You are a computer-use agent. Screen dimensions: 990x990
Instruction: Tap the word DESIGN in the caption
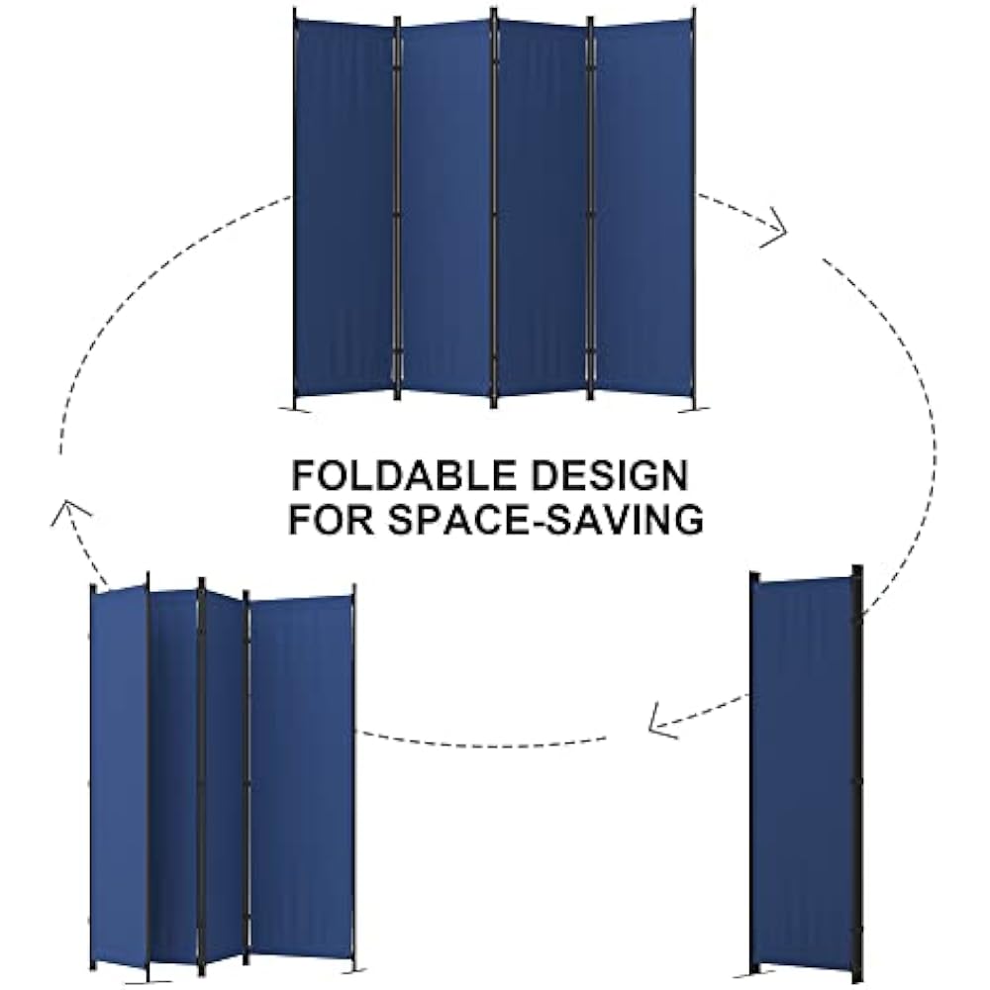click(x=611, y=476)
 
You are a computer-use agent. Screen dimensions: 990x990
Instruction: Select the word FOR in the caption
click(x=329, y=520)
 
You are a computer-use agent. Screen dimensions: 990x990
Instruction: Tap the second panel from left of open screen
click(x=445, y=208)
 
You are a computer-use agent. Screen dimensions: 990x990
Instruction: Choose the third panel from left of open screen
click(x=543, y=208)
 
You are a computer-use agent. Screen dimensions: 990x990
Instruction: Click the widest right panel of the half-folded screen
click(x=301, y=772)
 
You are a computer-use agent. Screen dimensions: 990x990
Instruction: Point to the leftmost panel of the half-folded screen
click(x=119, y=772)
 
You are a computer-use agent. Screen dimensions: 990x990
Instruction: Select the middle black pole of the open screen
click(x=494, y=208)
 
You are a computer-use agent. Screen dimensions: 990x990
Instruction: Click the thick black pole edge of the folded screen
click(x=857, y=772)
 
